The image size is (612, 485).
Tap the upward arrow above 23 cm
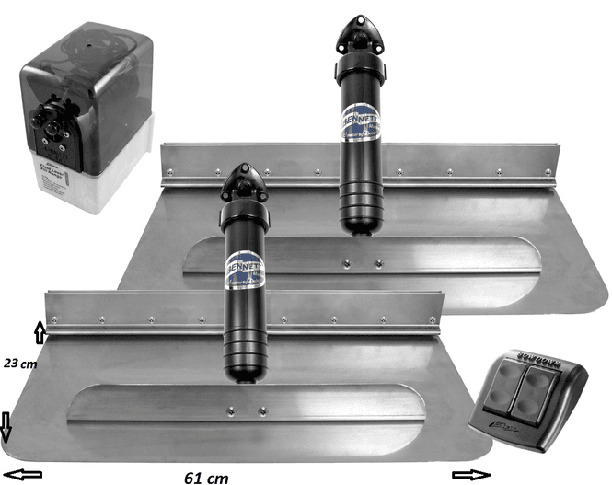point(39,331)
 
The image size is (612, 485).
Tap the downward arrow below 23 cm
point(7,425)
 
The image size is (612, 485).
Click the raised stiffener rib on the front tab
point(248,405)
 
